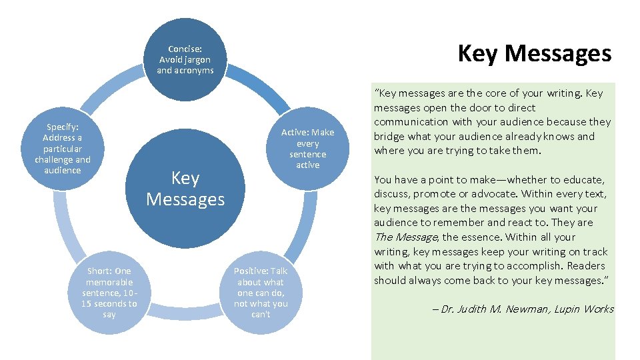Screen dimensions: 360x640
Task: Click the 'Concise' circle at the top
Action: tap(185, 59)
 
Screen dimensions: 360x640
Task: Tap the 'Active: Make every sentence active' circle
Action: tap(307, 148)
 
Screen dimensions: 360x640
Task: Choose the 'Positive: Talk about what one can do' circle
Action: tap(261, 292)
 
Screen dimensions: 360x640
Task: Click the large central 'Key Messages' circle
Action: tap(185, 189)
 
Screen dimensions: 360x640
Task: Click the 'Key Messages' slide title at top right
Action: tap(534, 53)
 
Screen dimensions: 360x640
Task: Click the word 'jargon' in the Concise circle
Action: tap(195, 59)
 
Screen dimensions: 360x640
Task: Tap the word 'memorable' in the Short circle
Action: tap(109, 281)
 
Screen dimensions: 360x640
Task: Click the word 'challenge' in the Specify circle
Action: tap(55, 159)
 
